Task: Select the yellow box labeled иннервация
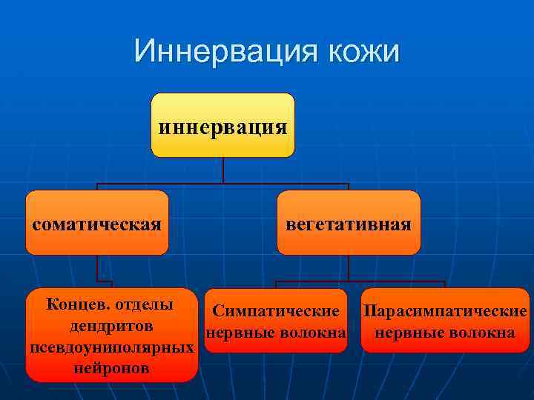pos(222,124)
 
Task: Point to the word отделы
pos(145,305)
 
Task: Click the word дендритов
pos(112,326)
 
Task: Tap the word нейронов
pos(112,368)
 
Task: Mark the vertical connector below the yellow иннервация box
pos(223,170)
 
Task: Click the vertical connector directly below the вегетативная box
pos(349,268)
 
